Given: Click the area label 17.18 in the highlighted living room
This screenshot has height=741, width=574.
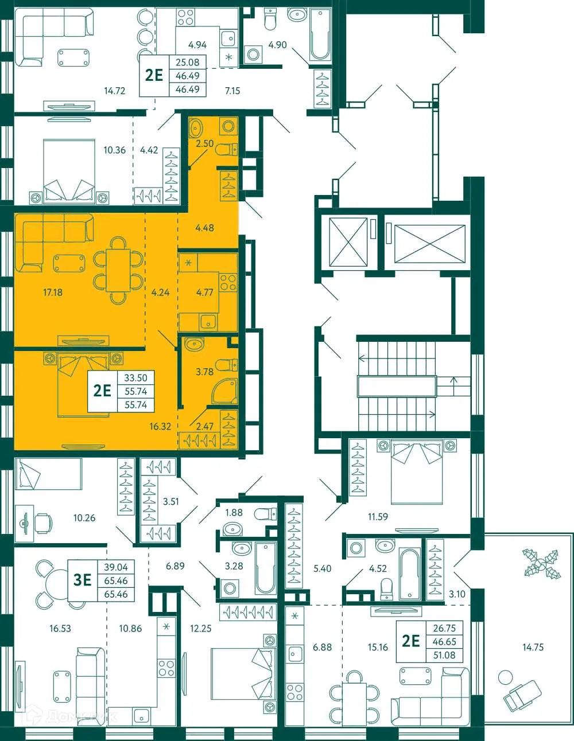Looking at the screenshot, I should [x=53, y=292].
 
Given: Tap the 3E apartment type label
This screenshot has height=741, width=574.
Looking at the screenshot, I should [x=83, y=580].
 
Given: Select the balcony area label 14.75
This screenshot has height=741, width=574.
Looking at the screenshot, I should [x=533, y=647].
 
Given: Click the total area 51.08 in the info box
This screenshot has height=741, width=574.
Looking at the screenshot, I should [x=444, y=654].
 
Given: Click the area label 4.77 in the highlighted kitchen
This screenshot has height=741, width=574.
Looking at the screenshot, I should [x=204, y=292].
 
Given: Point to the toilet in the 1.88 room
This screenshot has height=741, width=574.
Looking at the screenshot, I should [x=263, y=512].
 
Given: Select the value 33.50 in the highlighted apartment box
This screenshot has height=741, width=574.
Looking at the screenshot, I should [x=136, y=378].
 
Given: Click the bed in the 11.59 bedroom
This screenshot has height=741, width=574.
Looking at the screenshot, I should [x=417, y=472].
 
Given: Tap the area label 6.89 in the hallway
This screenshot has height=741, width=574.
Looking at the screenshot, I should [x=175, y=566].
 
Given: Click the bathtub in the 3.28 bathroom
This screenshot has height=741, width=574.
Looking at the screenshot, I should [x=266, y=567].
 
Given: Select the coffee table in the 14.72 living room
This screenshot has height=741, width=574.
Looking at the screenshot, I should [x=73, y=57].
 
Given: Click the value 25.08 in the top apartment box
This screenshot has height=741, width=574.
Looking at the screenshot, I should [x=187, y=63].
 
